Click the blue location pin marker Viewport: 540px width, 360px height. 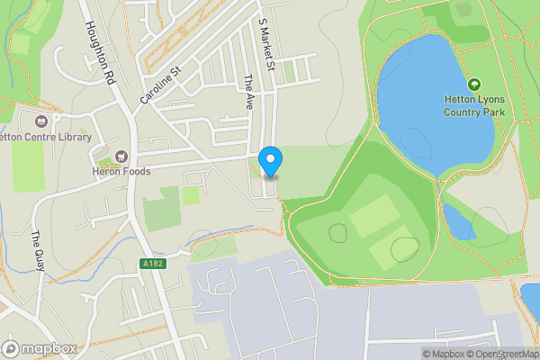click(x=270, y=161)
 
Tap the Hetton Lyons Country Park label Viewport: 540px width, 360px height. click(x=474, y=105)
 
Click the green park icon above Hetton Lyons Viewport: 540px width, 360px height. click(x=474, y=83)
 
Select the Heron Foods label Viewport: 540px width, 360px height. click(x=121, y=171)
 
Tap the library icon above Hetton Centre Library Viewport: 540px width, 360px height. click(x=40, y=121)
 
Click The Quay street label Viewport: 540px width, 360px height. click(x=38, y=249)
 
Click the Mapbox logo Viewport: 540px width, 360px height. click(x=39, y=348)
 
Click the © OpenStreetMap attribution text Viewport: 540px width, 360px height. click(x=507, y=354)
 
